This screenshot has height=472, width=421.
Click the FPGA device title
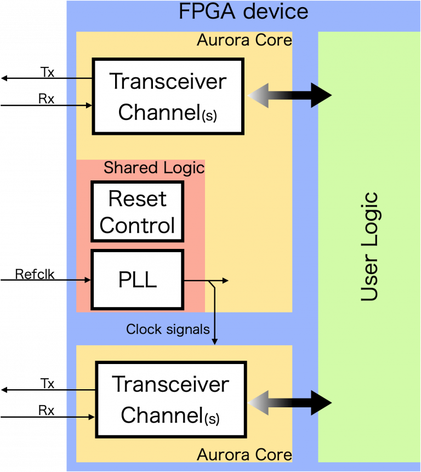(x=243, y=12)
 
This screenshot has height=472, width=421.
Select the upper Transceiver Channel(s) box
(x=168, y=96)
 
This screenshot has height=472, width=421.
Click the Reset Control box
(x=138, y=212)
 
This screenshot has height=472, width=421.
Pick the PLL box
(x=137, y=280)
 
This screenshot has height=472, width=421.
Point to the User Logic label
(x=370, y=247)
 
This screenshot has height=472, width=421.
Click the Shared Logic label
(x=154, y=168)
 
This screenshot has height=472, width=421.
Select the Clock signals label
(x=168, y=329)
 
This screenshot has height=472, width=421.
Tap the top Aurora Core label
(x=244, y=40)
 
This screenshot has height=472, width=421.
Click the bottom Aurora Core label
(x=244, y=454)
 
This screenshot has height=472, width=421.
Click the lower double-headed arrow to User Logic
(x=289, y=403)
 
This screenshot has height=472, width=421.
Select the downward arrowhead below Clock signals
(x=215, y=341)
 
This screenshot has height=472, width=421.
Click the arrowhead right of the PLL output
(x=225, y=281)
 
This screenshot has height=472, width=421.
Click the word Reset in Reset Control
(x=138, y=198)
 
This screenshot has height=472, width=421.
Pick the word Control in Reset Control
(x=138, y=225)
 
